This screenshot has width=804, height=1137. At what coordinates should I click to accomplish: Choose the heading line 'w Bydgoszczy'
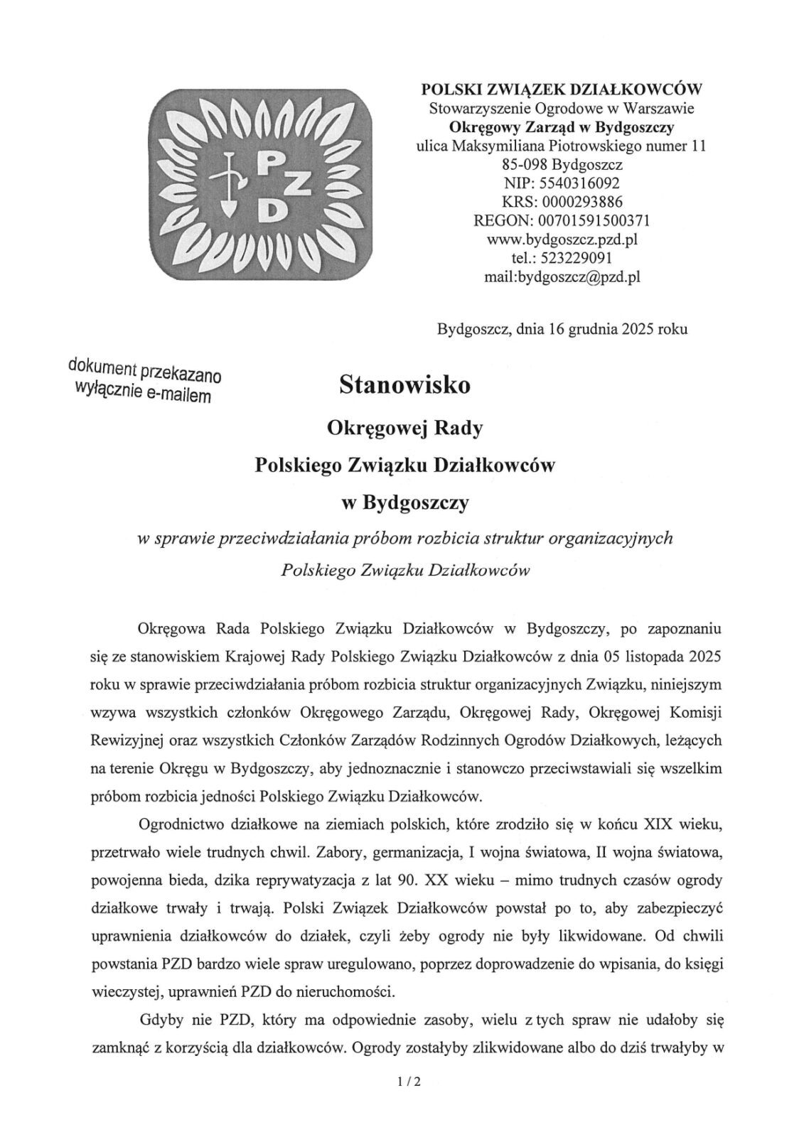pos(404,503)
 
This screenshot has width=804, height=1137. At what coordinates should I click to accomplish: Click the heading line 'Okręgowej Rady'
pos(404,428)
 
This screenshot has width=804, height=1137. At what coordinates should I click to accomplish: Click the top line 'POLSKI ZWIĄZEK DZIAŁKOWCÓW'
pos(562,90)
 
